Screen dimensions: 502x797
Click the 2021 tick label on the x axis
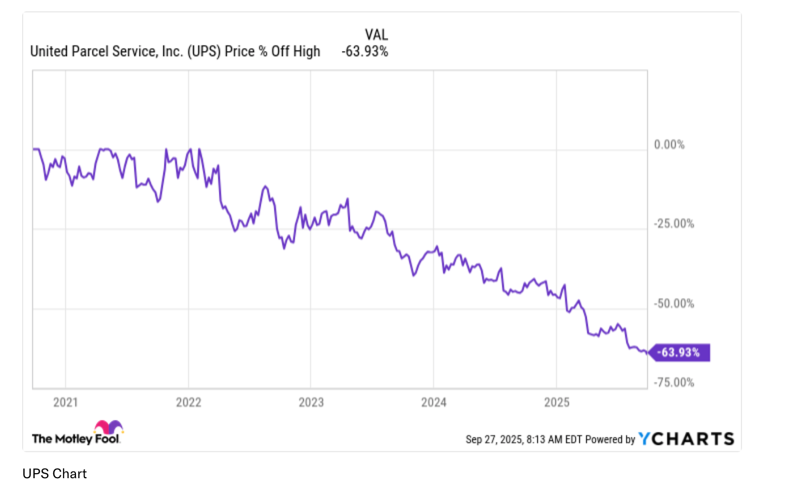(x=65, y=402)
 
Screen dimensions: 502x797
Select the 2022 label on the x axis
(x=188, y=402)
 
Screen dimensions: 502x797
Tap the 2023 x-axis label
(x=311, y=402)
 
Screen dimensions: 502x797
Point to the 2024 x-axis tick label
(x=434, y=402)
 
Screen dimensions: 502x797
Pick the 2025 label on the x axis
(x=557, y=402)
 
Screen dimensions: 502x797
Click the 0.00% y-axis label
(x=669, y=145)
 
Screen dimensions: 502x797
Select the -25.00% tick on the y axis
(x=673, y=224)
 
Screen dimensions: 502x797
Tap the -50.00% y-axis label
(x=673, y=304)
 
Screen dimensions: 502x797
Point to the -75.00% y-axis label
(x=673, y=382)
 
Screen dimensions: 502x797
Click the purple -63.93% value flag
(x=679, y=352)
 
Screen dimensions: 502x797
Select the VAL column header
(x=376, y=35)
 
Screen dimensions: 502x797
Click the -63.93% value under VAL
(x=364, y=52)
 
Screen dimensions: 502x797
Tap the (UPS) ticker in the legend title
(x=204, y=52)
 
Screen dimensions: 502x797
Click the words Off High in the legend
(x=295, y=52)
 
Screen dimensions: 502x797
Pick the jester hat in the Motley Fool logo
(x=109, y=427)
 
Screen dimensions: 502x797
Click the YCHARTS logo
(x=686, y=439)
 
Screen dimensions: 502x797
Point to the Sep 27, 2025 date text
(x=494, y=439)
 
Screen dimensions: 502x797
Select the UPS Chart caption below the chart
(x=54, y=474)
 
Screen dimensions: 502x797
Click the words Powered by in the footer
(x=610, y=439)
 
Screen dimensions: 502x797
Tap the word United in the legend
(x=49, y=52)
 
